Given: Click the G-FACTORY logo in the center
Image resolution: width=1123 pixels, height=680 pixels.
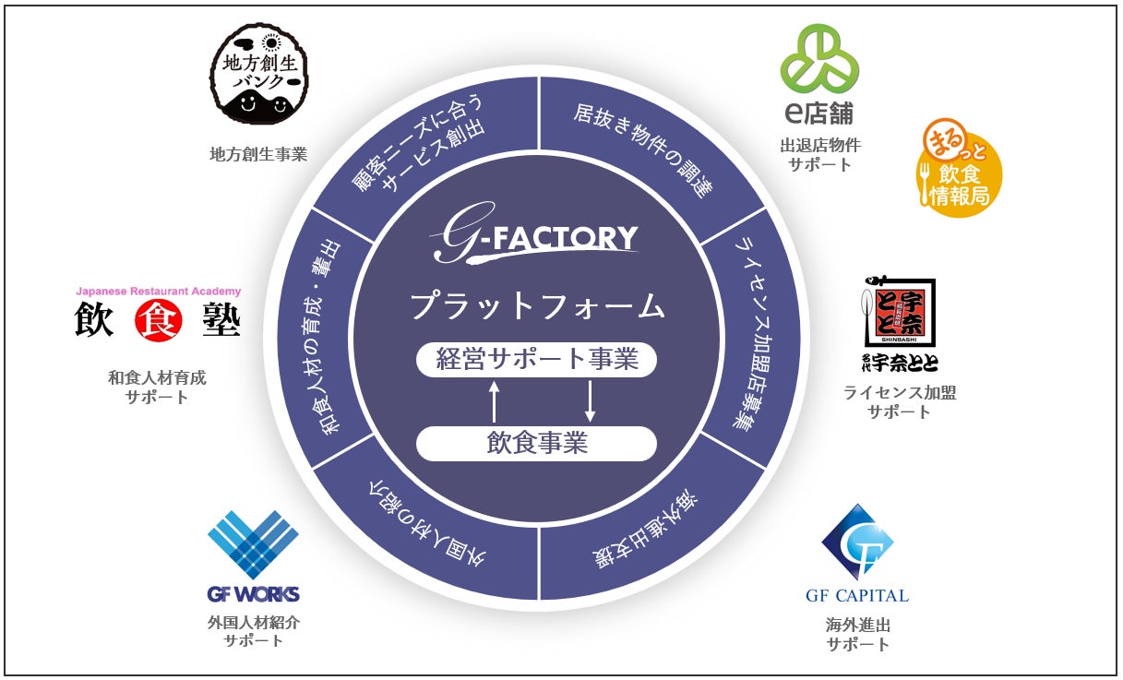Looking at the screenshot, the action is [535, 242].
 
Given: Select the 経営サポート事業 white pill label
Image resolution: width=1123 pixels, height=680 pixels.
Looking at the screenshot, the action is [536, 359].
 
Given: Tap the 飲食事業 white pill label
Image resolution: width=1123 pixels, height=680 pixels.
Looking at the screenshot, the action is [536, 444].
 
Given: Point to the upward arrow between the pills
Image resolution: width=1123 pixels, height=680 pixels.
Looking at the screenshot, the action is [494, 401].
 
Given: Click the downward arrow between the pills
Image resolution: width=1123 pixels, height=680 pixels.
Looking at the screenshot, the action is [590, 401].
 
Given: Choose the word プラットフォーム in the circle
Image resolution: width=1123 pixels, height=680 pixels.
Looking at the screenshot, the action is [536, 305].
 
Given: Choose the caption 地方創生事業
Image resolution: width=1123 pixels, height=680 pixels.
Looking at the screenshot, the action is [257, 154].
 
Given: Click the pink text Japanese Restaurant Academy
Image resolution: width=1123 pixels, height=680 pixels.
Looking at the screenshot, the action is [158, 292].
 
